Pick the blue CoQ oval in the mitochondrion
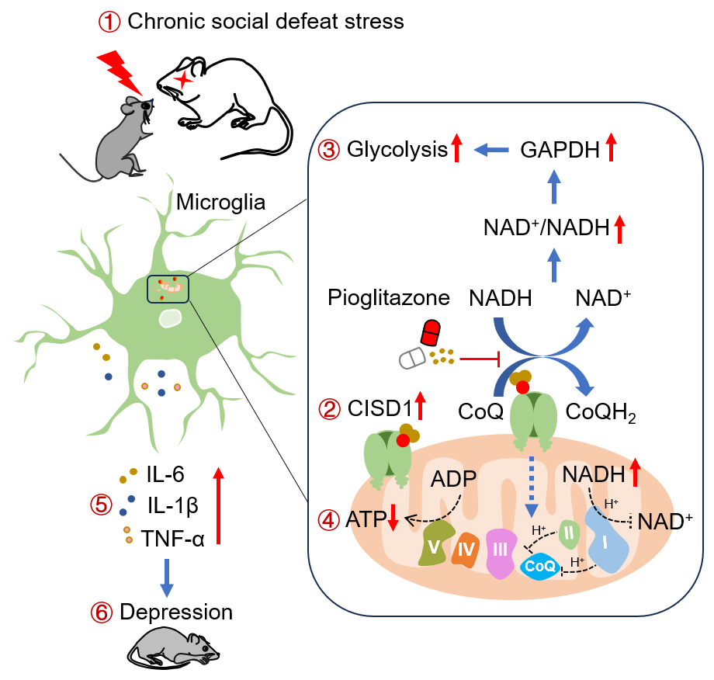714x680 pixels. pyautogui.click(x=541, y=567)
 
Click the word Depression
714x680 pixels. pyautogui.click(x=176, y=612)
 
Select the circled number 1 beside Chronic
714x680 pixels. pyautogui.click(x=109, y=21)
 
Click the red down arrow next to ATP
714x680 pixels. pyautogui.click(x=393, y=518)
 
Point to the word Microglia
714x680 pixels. pyautogui.click(x=220, y=203)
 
